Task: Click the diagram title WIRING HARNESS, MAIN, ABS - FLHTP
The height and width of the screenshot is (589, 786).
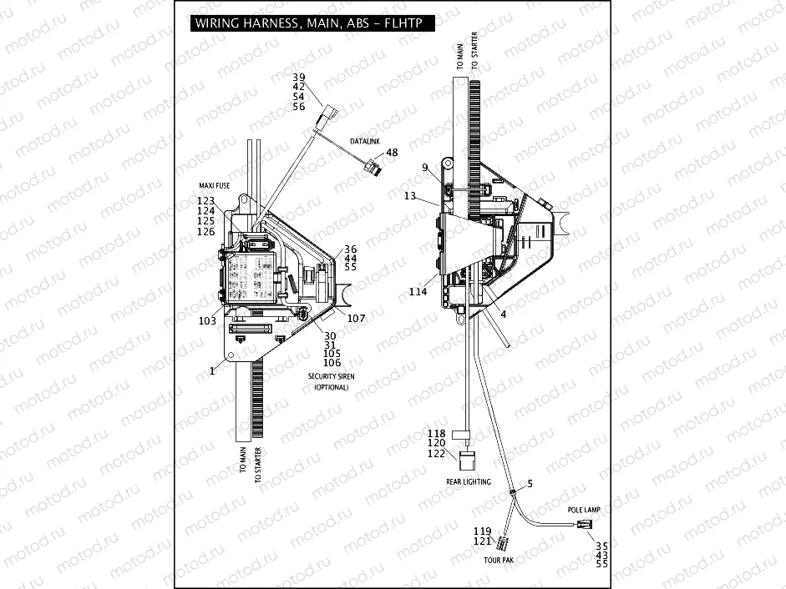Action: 312,24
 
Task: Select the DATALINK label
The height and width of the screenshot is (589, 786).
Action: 364,141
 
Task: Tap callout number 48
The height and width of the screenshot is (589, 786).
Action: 392,153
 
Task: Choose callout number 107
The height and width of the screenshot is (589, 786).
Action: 356,318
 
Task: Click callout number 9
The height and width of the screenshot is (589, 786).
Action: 424,168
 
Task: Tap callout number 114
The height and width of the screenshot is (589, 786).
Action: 418,291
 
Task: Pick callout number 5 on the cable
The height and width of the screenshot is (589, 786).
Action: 529,483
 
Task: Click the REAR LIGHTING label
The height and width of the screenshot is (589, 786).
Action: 469,481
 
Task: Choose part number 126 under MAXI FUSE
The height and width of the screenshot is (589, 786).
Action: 205,231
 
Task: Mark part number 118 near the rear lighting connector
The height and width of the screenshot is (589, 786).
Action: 437,433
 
